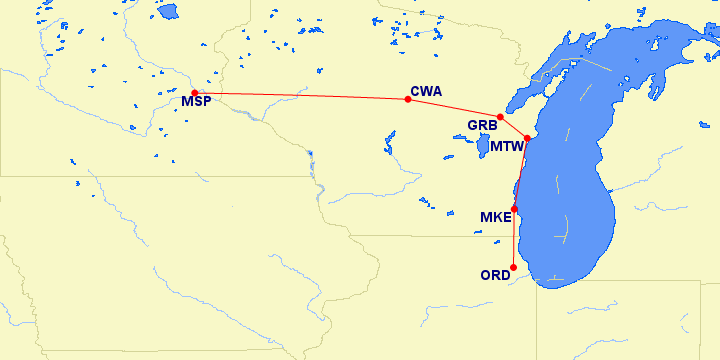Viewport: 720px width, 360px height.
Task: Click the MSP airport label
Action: (196, 102)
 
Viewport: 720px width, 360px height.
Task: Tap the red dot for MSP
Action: (195, 93)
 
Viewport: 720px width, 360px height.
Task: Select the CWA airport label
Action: (426, 91)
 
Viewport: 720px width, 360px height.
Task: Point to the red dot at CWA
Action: (407, 99)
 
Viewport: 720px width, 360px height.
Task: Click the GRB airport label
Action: (483, 126)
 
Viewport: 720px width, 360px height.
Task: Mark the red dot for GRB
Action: (500, 117)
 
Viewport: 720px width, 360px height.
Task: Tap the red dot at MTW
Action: (527, 137)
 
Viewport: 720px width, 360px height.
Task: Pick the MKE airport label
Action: (496, 217)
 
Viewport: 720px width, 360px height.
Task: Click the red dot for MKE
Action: (514, 208)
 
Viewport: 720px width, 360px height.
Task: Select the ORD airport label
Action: (496, 275)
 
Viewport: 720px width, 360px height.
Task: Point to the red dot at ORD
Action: (513, 267)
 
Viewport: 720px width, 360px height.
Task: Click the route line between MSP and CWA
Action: (300, 95)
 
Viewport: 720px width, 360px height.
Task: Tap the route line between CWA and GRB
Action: (455, 107)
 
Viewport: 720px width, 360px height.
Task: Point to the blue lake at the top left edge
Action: (167, 11)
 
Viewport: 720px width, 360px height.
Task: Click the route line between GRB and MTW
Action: (514, 127)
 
